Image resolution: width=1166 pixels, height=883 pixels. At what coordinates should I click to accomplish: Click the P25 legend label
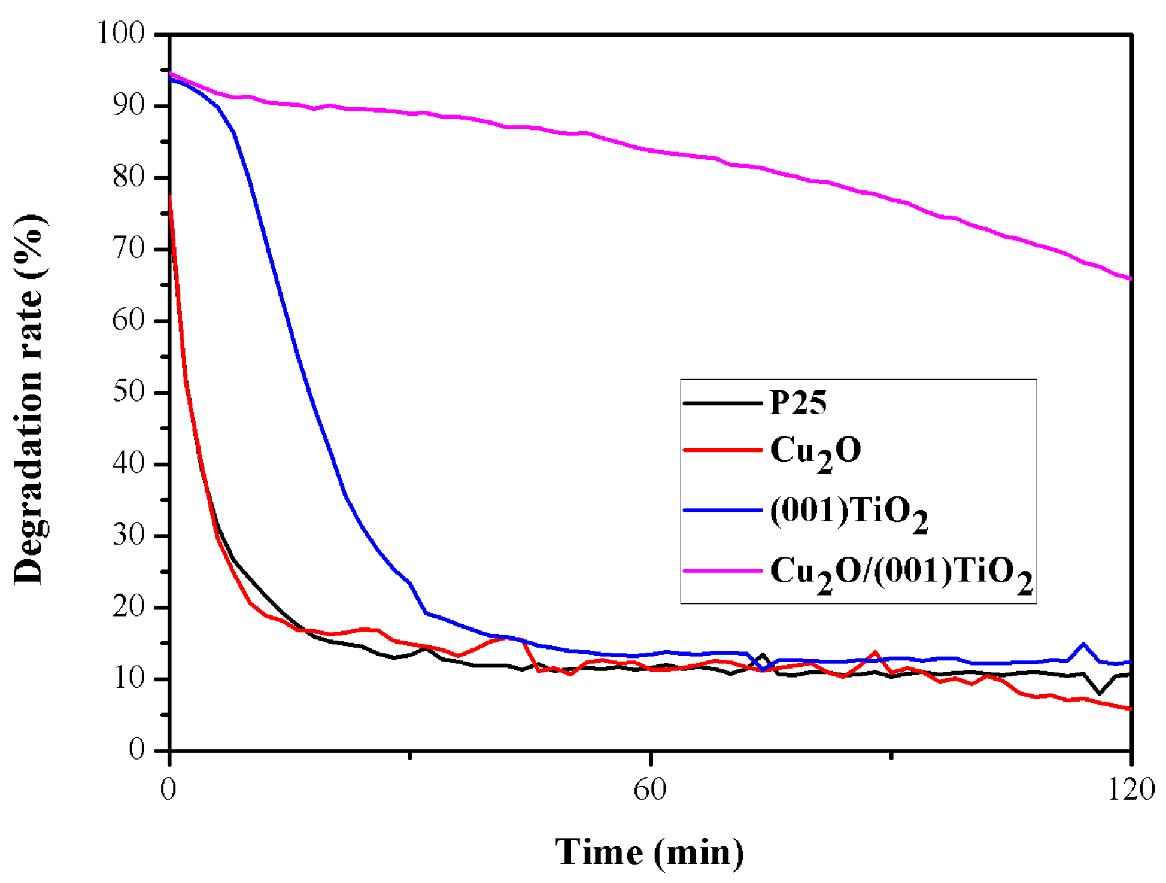797,403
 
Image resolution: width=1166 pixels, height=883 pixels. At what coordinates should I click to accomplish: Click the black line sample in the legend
722,403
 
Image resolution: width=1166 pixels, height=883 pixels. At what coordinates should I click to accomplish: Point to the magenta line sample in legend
722,571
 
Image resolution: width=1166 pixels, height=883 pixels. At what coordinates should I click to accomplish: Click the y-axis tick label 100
122,34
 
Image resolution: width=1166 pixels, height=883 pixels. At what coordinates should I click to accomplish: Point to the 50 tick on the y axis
129,392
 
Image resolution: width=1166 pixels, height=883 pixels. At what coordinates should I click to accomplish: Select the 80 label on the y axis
129,177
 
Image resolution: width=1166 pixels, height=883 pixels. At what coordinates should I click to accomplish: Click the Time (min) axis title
649,852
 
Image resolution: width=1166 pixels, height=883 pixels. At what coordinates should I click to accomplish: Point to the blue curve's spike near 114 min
1083,645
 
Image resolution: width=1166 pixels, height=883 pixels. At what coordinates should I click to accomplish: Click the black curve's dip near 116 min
1100,693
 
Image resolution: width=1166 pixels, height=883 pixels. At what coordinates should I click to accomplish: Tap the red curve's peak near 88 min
876,653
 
